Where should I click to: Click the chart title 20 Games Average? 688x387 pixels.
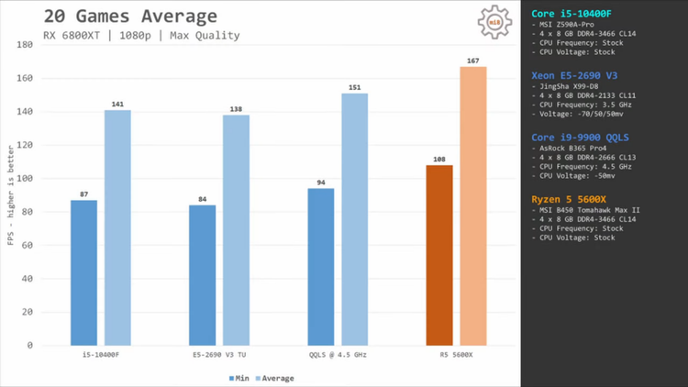click(x=130, y=17)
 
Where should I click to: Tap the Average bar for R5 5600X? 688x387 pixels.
click(x=473, y=206)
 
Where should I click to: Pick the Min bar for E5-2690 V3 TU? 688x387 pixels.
click(x=203, y=275)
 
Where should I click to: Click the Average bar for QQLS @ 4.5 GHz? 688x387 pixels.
click(x=355, y=219)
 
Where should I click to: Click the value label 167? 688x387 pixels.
click(x=473, y=61)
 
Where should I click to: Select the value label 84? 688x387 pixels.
click(x=203, y=199)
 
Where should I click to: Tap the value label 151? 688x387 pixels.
click(x=355, y=87)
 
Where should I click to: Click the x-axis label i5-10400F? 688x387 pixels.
click(x=101, y=355)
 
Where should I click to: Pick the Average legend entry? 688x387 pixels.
click(x=275, y=378)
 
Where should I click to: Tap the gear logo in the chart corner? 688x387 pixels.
click(x=494, y=22)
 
